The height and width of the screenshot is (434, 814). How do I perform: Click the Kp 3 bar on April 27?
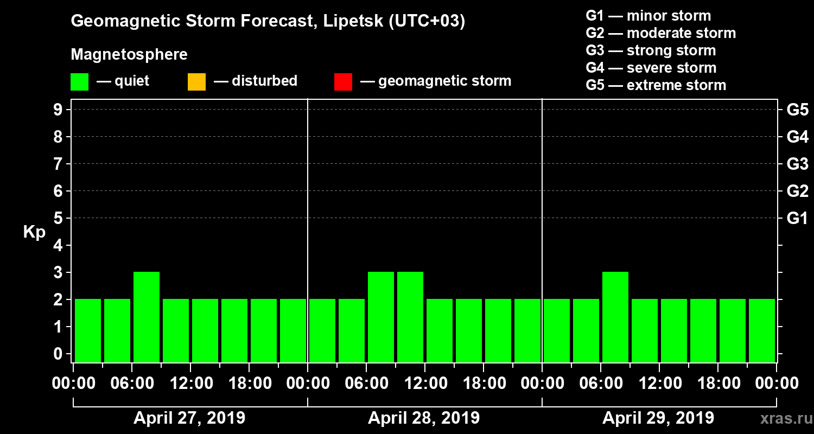(x=147, y=317)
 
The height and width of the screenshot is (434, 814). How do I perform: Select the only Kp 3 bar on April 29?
(x=615, y=317)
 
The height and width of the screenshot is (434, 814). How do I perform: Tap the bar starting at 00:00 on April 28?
(x=322, y=330)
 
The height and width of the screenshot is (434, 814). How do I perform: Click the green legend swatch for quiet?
(x=79, y=81)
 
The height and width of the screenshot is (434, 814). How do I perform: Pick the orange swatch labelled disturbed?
(x=196, y=81)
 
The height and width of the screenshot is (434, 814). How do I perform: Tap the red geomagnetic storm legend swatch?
(x=343, y=81)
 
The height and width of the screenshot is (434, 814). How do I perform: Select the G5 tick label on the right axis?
(x=797, y=110)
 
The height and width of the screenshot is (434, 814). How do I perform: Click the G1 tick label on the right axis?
(x=797, y=218)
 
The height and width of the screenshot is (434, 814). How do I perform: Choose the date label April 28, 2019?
(x=424, y=418)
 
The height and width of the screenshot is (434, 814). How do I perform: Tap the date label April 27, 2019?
(x=189, y=418)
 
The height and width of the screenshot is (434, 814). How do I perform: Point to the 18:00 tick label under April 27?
(x=249, y=383)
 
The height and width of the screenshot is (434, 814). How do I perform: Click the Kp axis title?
(x=34, y=232)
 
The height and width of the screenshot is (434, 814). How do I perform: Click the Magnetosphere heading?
(x=129, y=55)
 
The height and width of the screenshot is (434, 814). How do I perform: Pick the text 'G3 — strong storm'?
(x=651, y=50)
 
